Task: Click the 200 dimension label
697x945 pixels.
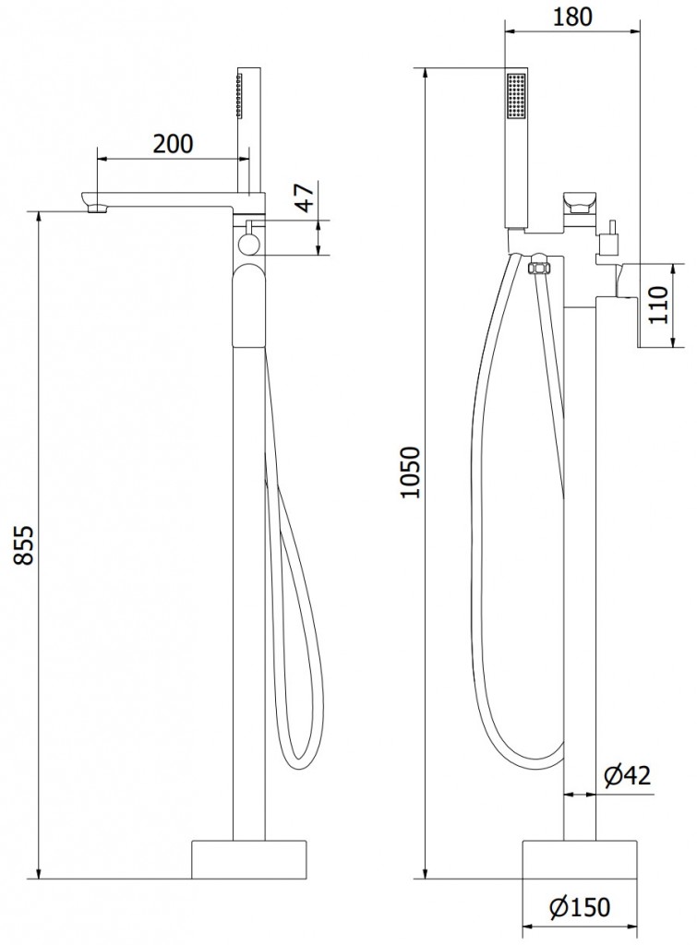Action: [173, 143]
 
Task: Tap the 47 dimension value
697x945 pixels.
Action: [306, 197]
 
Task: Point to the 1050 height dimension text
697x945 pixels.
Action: [411, 472]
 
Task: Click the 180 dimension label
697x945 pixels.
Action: [572, 17]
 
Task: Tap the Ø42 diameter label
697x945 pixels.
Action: [627, 775]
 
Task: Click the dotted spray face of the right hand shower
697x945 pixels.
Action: [516, 96]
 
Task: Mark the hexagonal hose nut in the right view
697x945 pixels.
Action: [538, 266]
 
